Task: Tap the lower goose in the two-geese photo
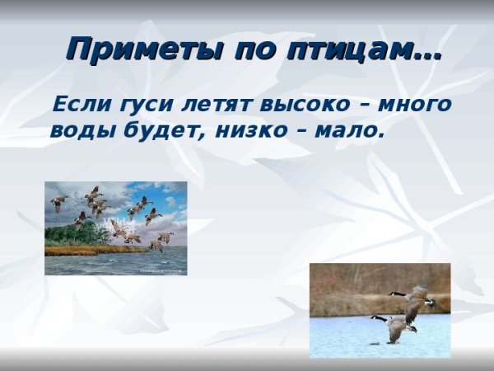(x=398, y=326)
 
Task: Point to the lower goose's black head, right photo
(x=375, y=317)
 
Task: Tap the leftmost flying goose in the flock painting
(x=58, y=203)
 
